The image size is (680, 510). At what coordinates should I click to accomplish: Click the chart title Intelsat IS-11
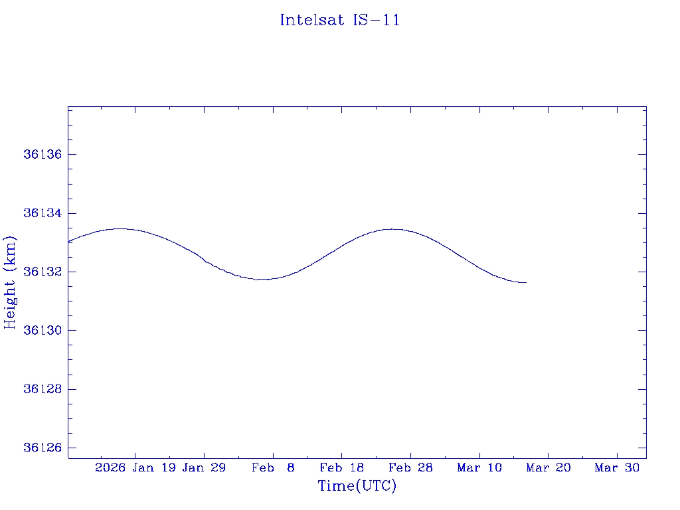(x=339, y=20)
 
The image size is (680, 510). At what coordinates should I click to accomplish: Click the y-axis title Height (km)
(x=11, y=282)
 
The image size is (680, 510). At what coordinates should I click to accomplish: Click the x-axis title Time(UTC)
(x=357, y=486)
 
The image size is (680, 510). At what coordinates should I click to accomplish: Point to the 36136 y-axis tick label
(x=42, y=155)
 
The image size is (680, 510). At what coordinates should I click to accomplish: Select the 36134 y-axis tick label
(x=42, y=213)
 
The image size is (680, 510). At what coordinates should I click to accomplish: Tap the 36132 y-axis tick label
(x=42, y=272)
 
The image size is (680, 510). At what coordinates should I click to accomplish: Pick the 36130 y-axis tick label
(x=42, y=331)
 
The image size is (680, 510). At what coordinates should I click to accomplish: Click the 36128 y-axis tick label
(x=42, y=389)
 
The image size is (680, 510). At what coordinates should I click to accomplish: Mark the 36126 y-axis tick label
(x=42, y=448)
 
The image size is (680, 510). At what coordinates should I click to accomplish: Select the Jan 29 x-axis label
(x=204, y=468)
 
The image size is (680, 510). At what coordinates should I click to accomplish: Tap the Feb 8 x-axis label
(x=273, y=468)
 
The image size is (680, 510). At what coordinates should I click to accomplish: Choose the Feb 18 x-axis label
(x=342, y=468)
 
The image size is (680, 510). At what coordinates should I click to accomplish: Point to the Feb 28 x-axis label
(x=410, y=468)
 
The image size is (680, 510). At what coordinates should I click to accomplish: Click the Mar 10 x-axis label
(x=479, y=468)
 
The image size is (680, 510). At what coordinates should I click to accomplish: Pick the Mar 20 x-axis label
(x=549, y=468)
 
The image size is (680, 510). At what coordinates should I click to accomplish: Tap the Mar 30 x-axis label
(x=617, y=468)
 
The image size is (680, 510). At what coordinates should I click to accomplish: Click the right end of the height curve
(x=526, y=283)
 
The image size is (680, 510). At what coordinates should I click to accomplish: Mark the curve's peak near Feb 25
(x=392, y=229)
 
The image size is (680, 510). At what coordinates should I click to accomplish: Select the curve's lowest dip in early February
(x=264, y=280)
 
